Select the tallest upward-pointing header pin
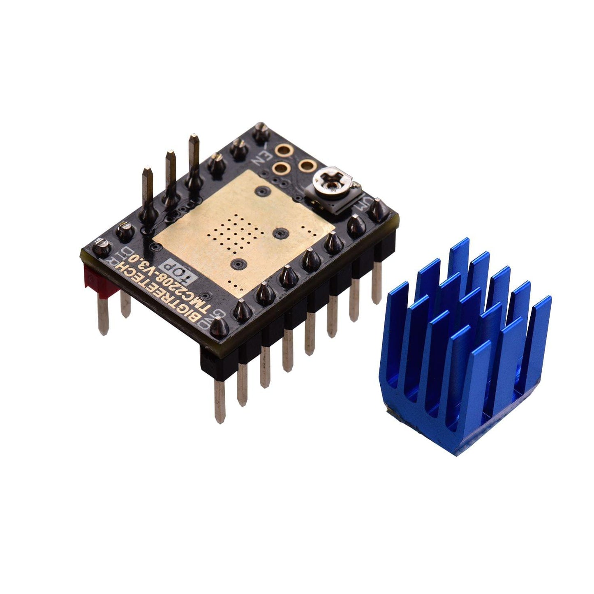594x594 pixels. pyautogui.click(x=193, y=164)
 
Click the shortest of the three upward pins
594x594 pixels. pyautogui.click(x=147, y=193)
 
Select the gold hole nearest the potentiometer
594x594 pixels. pyautogui.click(x=306, y=165)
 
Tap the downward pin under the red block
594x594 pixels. pyautogui.click(x=103, y=314)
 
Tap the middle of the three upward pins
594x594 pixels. pyautogui.click(x=171, y=177)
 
